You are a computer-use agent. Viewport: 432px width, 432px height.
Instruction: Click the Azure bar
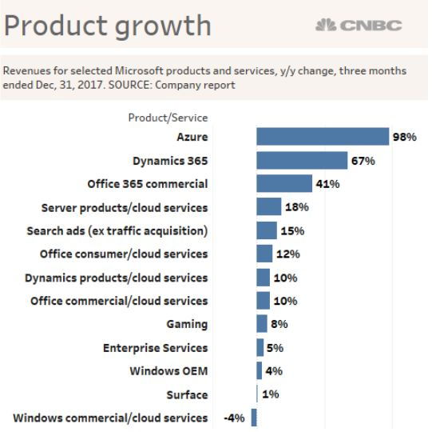322,137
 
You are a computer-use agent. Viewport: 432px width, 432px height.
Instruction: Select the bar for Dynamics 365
301,161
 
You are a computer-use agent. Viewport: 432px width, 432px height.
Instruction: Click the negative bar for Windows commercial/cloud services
254,418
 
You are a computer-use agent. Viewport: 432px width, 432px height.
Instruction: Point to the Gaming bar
262,324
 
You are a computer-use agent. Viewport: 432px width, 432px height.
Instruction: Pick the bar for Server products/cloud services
269,207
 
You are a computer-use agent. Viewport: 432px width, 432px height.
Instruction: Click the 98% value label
405,138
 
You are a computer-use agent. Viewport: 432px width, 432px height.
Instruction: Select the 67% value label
363,161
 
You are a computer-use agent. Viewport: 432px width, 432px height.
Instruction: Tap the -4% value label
234,418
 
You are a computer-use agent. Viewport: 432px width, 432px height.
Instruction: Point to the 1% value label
270,394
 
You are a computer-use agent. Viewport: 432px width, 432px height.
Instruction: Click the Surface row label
187,394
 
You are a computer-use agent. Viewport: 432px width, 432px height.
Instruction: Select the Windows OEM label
168,371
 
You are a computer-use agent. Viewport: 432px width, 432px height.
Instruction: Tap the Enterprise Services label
155,348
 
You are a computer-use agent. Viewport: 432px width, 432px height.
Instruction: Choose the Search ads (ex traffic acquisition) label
117,230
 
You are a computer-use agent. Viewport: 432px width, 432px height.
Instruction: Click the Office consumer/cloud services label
124,254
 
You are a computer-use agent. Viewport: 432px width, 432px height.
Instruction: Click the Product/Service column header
168,118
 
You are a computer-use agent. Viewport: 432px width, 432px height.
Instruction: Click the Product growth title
108,26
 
